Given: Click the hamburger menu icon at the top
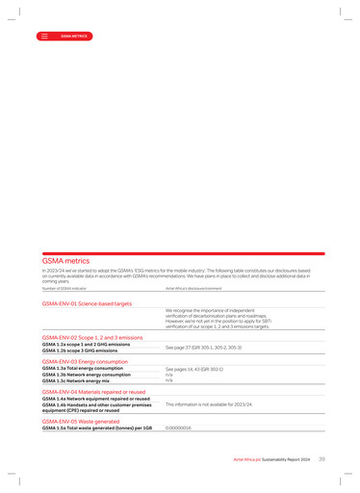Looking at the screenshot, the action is click(44, 36).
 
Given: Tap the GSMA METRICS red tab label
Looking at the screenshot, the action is click(74, 36).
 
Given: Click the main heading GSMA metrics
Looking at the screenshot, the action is click(65, 261).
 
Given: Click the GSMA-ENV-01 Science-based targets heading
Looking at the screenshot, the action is click(87, 303).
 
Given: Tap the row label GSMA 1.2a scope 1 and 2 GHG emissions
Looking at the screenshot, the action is click(86, 345).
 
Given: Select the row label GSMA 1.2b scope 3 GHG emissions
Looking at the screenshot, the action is click(80, 351).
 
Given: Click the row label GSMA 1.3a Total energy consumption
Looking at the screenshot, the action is click(83, 368).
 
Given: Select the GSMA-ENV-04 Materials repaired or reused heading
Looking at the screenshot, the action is click(93, 392).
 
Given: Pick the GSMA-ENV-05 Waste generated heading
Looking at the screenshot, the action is click(81, 421).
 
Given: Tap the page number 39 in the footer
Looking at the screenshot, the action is click(321, 460).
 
